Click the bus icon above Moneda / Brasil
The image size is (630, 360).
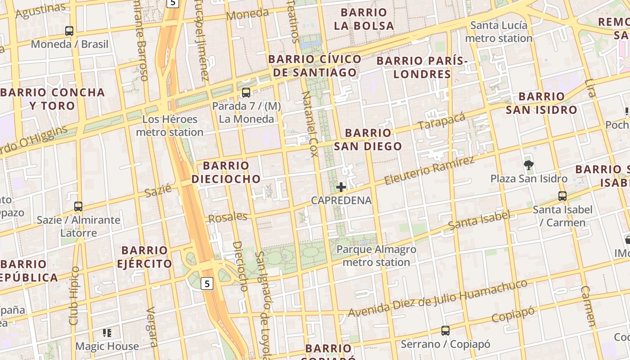pos(69,31)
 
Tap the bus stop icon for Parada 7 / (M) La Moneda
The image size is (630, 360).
pos(246,93)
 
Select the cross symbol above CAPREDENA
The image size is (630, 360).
pos(341,187)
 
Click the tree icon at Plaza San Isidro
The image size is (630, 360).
pos(529,165)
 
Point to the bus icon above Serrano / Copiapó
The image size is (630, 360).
pos(445,331)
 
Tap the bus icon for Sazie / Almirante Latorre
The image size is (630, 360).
pos(78,207)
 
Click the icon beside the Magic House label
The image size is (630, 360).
pos(107,333)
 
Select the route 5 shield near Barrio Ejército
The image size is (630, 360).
pos(207,283)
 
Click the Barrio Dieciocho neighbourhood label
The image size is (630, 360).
pos(226,172)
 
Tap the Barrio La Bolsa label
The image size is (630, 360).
pos(364,19)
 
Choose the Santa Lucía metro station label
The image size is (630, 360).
pos(499,31)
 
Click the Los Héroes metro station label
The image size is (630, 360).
pos(170,126)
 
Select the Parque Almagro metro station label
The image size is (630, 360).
pos(376,256)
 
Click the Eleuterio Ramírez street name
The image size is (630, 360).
pos(430,171)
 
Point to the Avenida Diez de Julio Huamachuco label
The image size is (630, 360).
pos(437,298)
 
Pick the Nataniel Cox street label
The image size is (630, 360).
pos(309,124)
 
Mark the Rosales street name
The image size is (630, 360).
pos(228,217)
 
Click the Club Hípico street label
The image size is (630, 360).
pos(74,296)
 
